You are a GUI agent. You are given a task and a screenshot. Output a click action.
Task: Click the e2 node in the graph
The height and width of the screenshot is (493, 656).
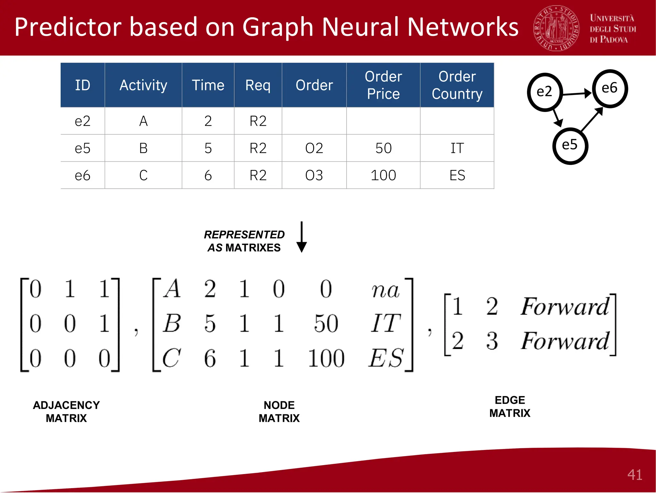(x=545, y=92)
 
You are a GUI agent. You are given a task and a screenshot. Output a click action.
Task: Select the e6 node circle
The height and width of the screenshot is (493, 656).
(x=610, y=88)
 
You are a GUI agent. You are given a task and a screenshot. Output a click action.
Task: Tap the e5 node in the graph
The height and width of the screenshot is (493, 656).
(x=570, y=145)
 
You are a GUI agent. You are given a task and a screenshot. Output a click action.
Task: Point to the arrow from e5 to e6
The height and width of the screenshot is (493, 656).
(x=592, y=119)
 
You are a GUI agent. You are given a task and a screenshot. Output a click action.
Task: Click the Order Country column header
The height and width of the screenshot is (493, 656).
(x=457, y=85)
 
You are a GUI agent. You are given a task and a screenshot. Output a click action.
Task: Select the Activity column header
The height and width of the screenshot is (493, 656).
(x=143, y=85)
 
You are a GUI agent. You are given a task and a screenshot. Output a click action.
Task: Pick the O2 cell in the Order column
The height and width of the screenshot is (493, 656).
(x=314, y=148)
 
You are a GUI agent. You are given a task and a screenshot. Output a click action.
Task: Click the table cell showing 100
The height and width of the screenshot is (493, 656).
(x=383, y=175)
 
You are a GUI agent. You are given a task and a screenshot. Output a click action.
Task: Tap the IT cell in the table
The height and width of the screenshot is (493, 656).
(x=457, y=148)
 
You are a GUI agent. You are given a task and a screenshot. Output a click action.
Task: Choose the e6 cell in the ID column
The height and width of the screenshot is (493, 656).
(x=82, y=175)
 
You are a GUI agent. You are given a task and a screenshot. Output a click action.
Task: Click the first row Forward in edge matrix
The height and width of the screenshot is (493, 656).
(x=564, y=307)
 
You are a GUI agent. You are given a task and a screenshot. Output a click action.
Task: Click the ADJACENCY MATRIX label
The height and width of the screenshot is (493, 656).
(x=66, y=412)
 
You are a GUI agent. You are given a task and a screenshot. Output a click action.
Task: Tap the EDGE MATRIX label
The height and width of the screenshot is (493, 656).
(x=510, y=406)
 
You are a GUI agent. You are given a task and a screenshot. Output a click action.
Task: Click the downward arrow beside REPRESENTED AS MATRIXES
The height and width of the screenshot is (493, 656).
(x=301, y=237)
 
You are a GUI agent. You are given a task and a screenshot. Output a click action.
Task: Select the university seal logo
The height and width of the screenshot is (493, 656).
(x=557, y=28)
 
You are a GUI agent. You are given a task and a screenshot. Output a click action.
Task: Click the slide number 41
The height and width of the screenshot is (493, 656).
(x=635, y=475)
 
